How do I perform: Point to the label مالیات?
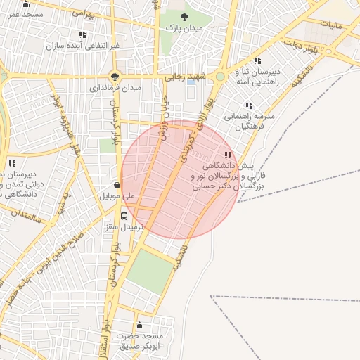click(x=330, y=25)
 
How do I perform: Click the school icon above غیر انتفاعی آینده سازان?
click(x=83, y=34)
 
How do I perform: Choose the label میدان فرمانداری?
click(x=115, y=89)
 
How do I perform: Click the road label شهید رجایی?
click(x=184, y=77)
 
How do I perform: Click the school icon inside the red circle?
click(x=227, y=155)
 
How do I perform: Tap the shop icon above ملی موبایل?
click(x=117, y=185)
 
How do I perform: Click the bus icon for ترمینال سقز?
click(x=124, y=216)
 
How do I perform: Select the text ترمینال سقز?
click(x=124, y=227)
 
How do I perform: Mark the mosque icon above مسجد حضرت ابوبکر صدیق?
click(x=139, y=325)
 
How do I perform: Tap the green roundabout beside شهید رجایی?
click(x=220, y=77)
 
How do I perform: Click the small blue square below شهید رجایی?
click(x=191, y=84)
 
